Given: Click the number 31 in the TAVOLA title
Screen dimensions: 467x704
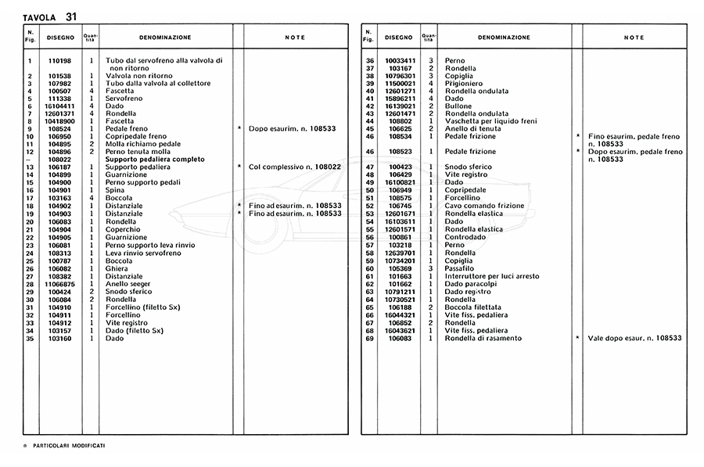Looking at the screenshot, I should click(x=71, y=16).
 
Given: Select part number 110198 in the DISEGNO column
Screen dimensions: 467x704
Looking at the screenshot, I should click(x=60, y=60).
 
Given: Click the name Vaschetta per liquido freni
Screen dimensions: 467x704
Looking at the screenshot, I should click(x=489, y=121).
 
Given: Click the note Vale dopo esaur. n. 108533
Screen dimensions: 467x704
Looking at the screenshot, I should click(x=634, y=338).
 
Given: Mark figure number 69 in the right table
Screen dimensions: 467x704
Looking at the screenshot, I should click(x=371, y=338).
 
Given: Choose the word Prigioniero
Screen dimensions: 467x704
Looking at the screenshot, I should click(x=463, y=83).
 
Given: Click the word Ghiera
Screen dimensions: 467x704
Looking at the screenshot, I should click(x=117, y=268).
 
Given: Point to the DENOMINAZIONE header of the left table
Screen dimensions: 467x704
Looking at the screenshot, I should click(x=164, y=37).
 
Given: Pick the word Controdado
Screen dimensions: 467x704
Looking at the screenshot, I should click(x=465, y=237).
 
